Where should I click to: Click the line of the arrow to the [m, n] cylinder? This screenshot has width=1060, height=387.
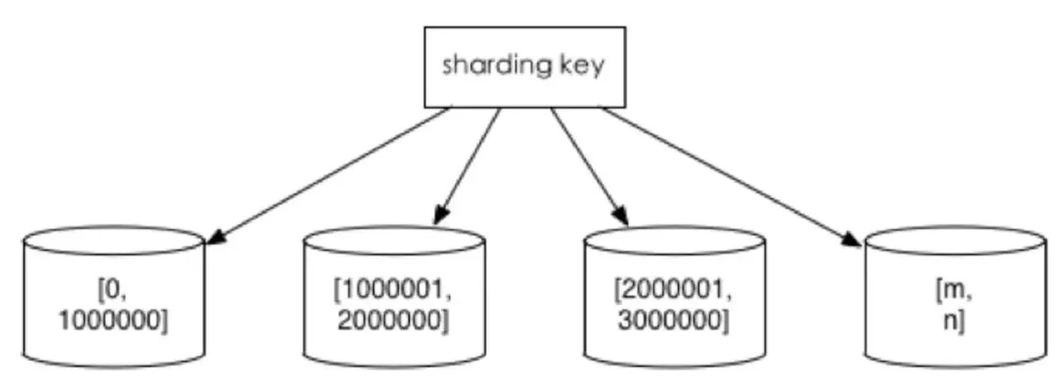[729, 175]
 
